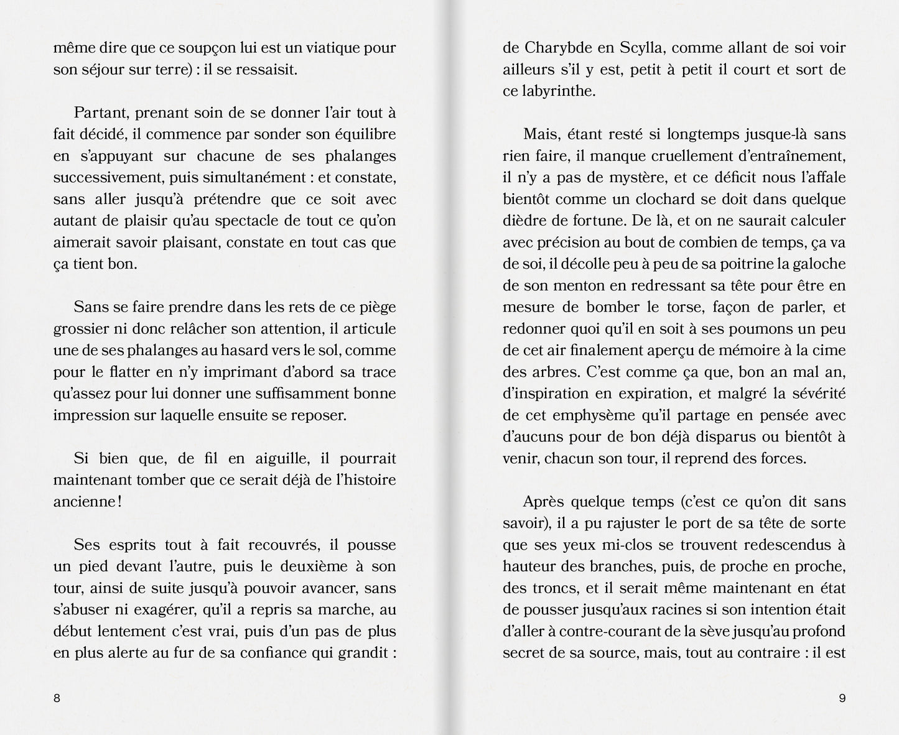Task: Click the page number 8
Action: click(x=57, y=698)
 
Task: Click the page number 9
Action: click(x=842, y=698)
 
